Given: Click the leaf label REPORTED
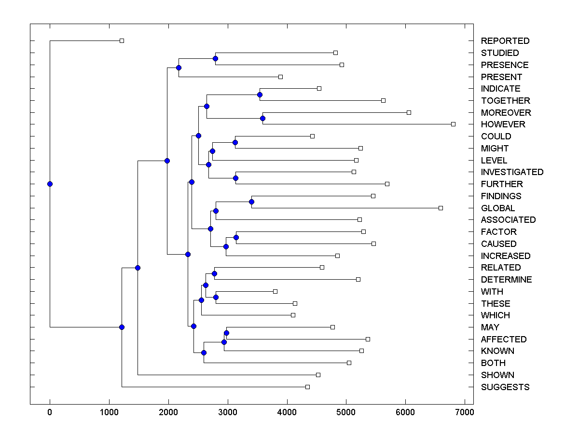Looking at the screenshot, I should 505,41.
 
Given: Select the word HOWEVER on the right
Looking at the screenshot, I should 503,124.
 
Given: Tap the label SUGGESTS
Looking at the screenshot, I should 505,387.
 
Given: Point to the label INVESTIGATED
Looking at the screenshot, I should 512,172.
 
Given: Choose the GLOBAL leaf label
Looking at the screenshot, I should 497,208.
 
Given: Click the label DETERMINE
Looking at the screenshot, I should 506,280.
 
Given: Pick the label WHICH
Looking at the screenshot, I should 495,315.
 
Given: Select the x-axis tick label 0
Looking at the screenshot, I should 50,411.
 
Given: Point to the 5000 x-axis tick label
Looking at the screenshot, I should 346,411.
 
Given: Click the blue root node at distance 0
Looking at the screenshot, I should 50,184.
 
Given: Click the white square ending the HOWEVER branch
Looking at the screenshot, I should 453,124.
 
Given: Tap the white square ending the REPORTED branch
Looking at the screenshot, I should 122,41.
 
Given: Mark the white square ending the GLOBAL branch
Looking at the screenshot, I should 441,208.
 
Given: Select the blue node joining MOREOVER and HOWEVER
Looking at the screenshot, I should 263,118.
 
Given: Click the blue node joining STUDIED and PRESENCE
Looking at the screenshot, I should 215,59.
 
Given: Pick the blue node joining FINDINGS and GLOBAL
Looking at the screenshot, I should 251,202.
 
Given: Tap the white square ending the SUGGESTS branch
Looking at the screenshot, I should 307,387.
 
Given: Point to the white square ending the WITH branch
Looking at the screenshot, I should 275,291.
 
